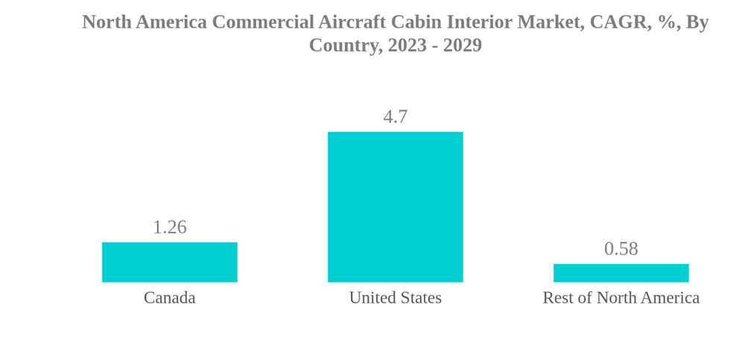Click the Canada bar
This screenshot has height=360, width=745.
tap(169, 262)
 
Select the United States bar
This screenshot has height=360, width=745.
tap(395, 207)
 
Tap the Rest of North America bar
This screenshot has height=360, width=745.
tap(621, 273)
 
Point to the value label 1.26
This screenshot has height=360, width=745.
tap(169, 227)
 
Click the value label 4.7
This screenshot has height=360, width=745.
tap(395, 117)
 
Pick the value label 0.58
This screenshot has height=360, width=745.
tap(621, 249)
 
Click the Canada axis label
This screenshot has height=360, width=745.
tap(169, 298)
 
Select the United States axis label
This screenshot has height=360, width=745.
tap(395, 298)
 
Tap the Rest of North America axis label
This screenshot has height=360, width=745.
tap(621, 298)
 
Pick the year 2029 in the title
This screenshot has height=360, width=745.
tap(462, 45)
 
